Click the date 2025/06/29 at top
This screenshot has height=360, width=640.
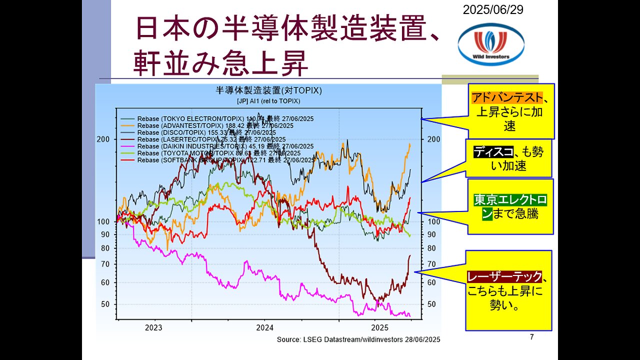tap(493, 9)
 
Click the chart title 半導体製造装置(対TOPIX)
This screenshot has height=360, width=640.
tap(268, 91)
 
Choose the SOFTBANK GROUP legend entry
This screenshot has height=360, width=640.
tap(219, 160)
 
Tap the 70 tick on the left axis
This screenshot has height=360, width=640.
tap(106, 264)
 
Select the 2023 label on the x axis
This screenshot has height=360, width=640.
tap(153, 328)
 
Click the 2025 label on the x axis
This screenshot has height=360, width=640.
tap(380, 328)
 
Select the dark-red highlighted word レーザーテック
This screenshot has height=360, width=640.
tap(504, 276)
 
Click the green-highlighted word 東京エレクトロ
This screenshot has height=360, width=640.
tap(510, 200)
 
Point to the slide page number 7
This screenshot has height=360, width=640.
tap(531, 337)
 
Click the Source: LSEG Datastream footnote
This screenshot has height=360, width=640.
tap(358, 339)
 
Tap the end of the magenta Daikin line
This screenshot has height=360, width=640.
tap(409, 315)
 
